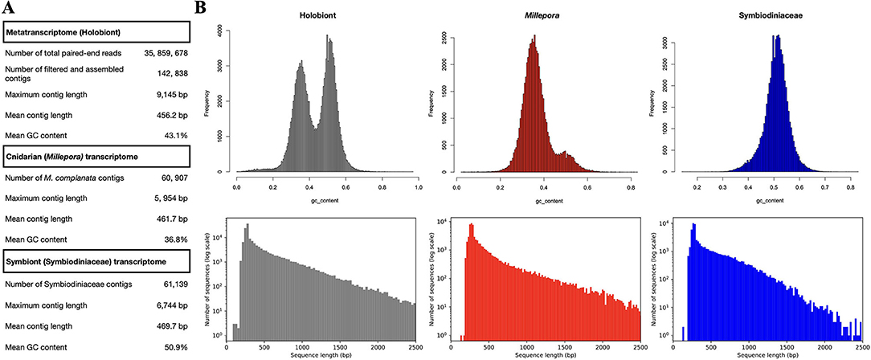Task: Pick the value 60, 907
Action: click(168, 178)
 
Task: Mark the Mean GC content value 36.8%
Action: click(174, 239)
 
